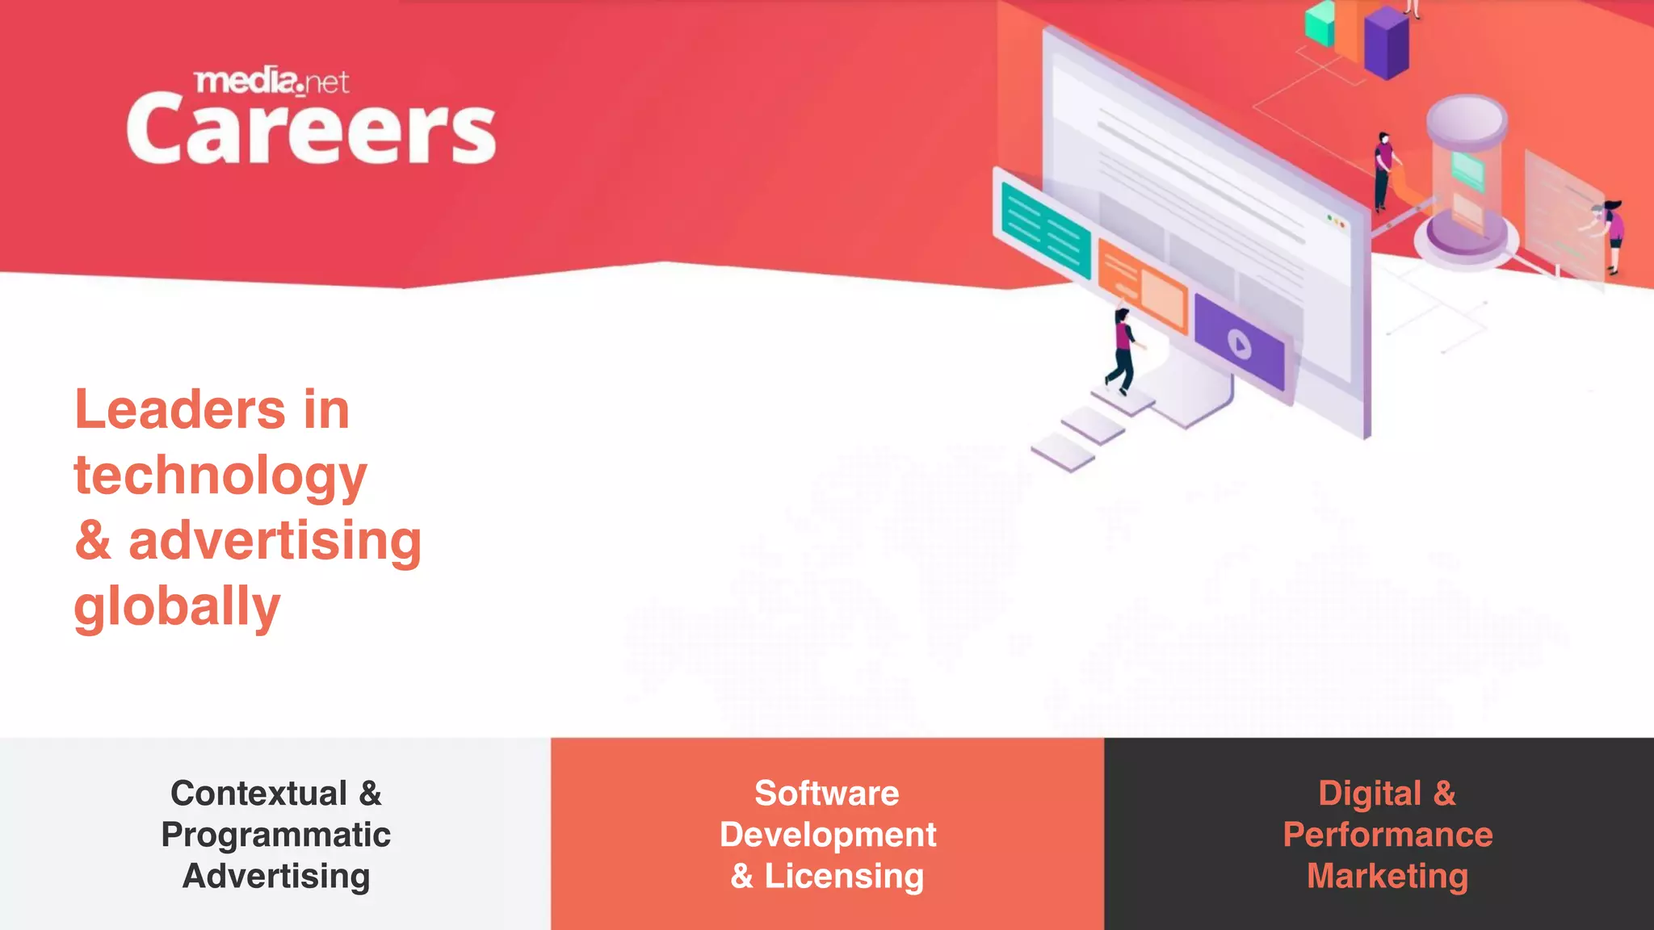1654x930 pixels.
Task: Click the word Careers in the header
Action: point(311,129)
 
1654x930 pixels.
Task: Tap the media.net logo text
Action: point(272,82)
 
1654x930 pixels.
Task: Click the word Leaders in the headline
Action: point(179,409)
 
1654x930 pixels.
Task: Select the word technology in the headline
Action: point(220,475)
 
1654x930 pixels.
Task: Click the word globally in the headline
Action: point(177,606)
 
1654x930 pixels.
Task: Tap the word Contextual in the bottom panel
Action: point(258,794)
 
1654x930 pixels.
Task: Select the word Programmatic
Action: point(275,835)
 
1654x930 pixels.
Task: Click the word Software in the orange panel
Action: point(826,794)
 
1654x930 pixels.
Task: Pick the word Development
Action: point(828,835)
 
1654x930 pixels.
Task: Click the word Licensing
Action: point(844,877)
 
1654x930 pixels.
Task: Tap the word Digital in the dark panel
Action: point(1370,794)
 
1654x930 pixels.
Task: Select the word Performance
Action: point(1387,835)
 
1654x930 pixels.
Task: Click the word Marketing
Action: point(1387,877)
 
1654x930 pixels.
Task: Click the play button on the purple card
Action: point(1240,345)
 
